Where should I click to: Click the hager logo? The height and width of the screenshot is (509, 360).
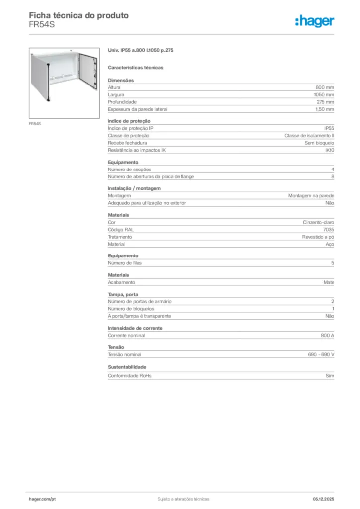click(314, 20)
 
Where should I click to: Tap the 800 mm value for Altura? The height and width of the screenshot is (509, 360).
click(325, 87)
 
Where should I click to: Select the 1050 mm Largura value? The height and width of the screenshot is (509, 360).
click(324, 94)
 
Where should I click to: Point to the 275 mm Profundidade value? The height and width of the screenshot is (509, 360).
click(325, 102)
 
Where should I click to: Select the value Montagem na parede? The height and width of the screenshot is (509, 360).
click(311, 196)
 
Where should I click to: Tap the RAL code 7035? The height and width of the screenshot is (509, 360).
click(329, 230)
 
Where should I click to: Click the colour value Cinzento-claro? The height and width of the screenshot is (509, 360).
click(319, 222)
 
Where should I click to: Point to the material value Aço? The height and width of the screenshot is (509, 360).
click(330, 244)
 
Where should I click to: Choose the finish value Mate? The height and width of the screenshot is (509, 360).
click(329, 282)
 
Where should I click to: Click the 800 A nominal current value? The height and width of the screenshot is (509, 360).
click(328, 336)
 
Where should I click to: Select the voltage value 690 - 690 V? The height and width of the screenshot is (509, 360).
click(321, 354)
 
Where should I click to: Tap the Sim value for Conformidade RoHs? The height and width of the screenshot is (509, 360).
click(330, 376)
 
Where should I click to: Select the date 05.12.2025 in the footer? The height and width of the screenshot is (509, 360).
click(323, 499)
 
